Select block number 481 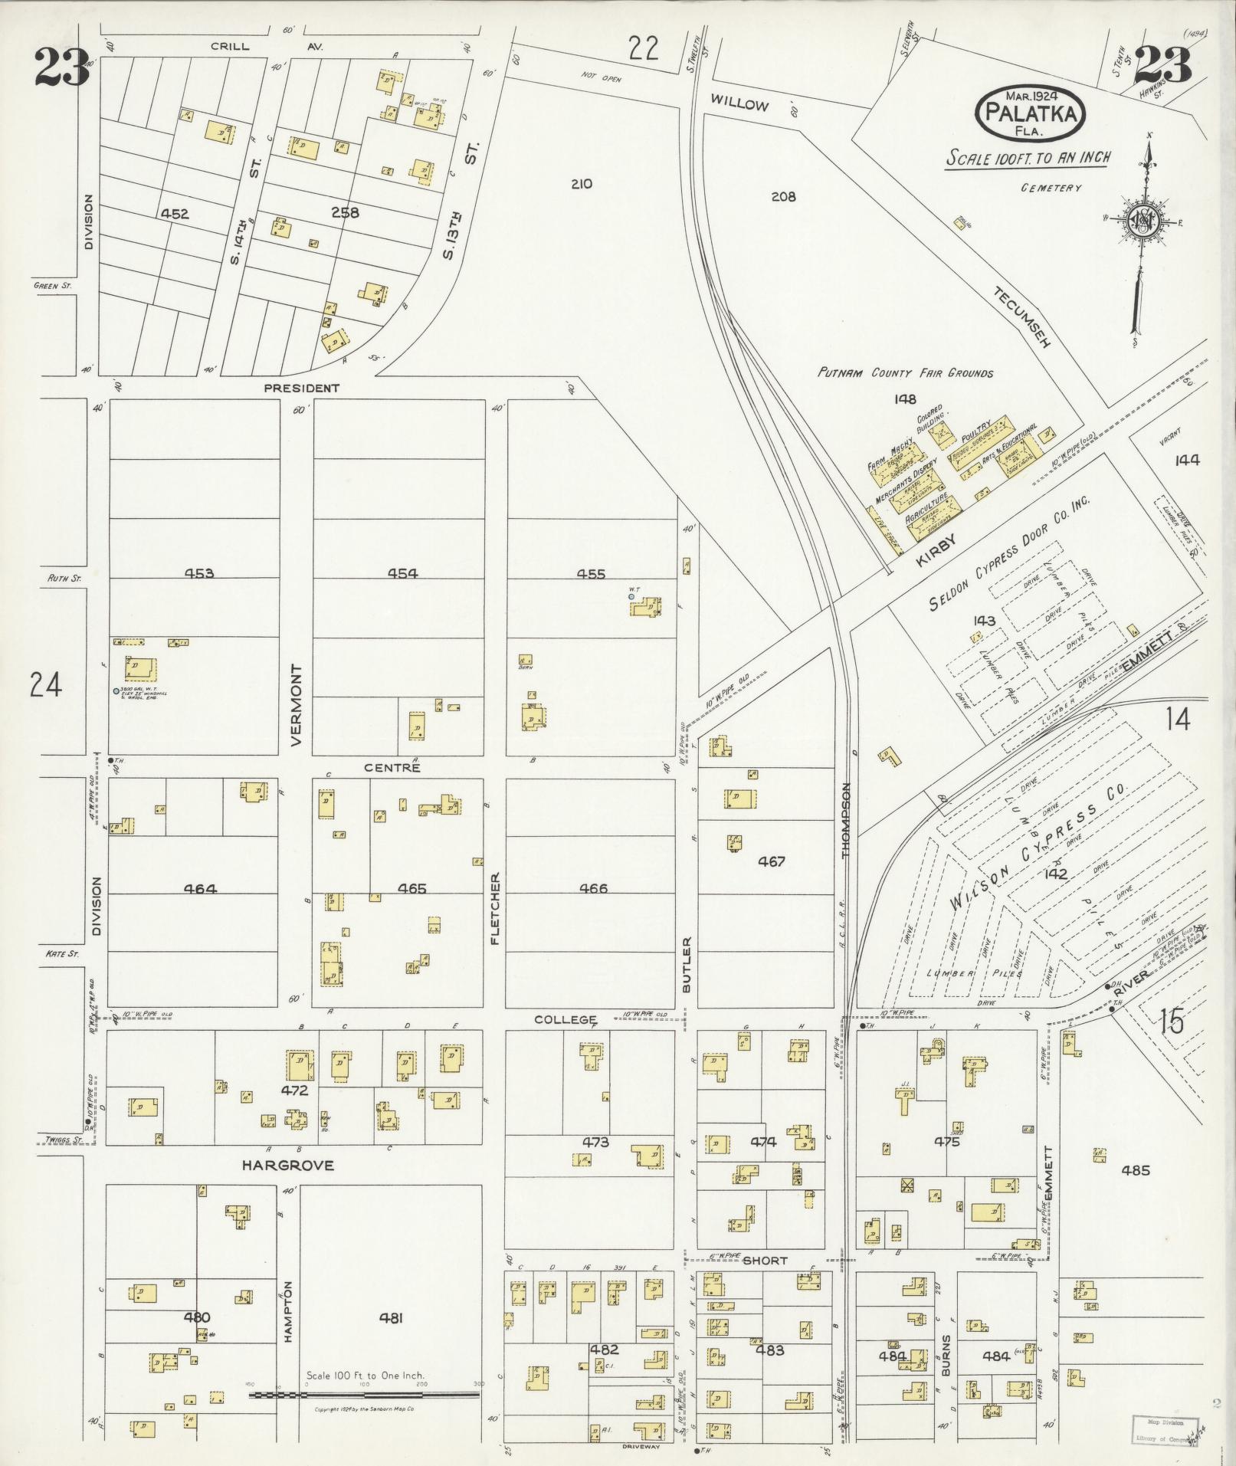tap(391, 1318)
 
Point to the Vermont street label tap(297, 705)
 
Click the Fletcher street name tap(495, 908)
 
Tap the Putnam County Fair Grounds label tap(905, 373)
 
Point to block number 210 tap(582, 184)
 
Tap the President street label tap(301, 389)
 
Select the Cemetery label tap(1051, 188)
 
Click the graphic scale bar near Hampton tap(365, 1395)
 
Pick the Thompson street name tap(847, 820)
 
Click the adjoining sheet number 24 tap(45, 684)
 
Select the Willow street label tap(739, 103)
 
